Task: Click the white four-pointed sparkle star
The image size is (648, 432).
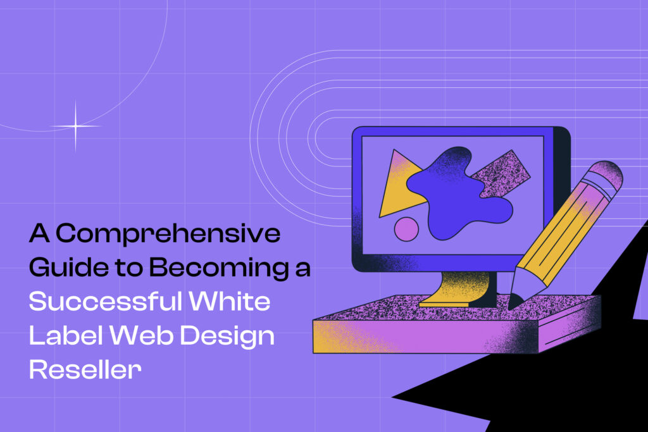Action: (x=75, y=127)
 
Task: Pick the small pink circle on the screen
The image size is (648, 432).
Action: (x=406, y=229)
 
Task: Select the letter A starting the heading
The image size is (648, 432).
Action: (x=39, y=235)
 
